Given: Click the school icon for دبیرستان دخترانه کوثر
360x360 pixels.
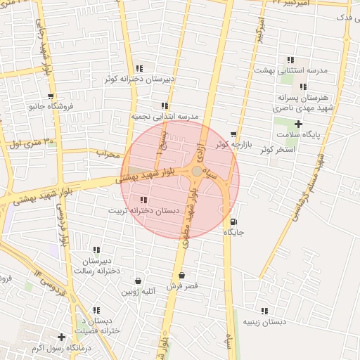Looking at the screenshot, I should click(x=140, y=68).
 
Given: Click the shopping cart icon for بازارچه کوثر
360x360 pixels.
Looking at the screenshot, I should click(x=233, y=134).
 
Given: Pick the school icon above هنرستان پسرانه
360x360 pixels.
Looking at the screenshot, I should click(x=303, y=86).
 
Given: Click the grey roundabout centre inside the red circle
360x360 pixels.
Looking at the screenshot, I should click(x=196, y=171).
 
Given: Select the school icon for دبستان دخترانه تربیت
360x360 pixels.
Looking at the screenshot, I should click(x=143, y=200).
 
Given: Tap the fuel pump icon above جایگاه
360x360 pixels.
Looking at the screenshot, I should click(x=233, y=221).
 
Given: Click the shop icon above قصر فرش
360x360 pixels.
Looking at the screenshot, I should click(x=182, y=276).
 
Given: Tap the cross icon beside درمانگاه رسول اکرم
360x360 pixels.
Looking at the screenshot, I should click(x=62, y=337).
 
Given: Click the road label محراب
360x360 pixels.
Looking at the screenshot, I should click(x=108, y=153).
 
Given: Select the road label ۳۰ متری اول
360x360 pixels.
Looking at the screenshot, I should click(x=30, y=143).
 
